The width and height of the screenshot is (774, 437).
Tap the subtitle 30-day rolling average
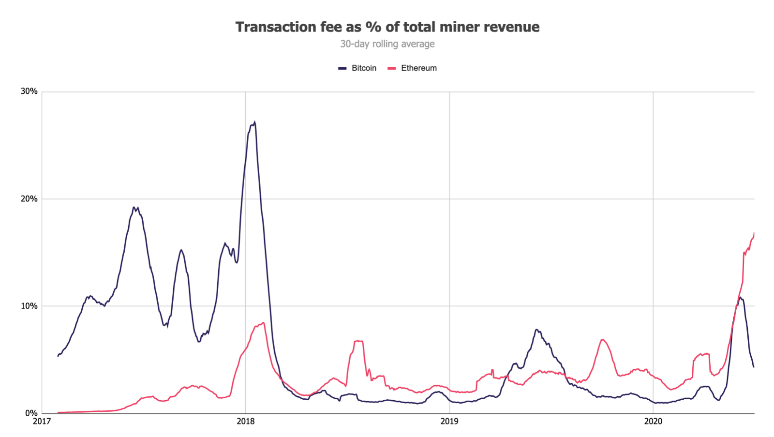[387, 44]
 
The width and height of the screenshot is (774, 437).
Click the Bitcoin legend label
[364, 68]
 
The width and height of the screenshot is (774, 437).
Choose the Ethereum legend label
[418, 68]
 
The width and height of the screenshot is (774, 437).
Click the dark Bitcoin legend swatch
[342, 68]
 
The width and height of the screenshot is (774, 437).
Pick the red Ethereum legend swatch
[392, 68]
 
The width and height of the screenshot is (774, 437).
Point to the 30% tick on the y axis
[29, 91]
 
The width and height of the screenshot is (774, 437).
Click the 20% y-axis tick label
[29, 199]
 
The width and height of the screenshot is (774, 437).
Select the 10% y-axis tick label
[29, 306]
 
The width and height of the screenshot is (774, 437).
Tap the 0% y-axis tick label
[31, 413]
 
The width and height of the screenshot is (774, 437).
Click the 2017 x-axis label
[42, 422]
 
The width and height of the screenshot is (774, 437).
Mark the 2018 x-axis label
[245, 422]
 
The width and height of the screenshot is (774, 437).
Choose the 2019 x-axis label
[449, 422]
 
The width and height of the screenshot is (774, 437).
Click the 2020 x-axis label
[653, 422]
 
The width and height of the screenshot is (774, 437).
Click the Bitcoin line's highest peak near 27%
[254, 122]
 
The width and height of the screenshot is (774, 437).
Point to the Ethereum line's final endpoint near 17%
[754, 233]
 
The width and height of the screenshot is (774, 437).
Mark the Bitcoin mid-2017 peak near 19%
[134, 208]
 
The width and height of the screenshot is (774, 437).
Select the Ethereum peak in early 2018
[263, 323]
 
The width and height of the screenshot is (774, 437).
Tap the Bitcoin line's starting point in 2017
[58, 356]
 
